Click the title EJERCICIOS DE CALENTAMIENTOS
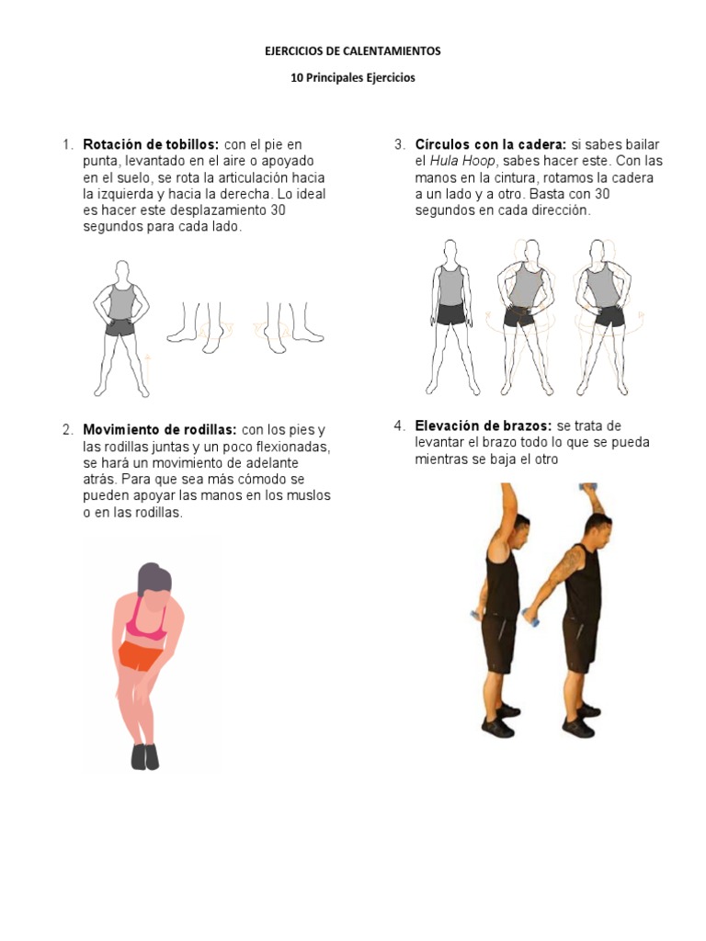pos(353,51)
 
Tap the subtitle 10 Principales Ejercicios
pos(353,78)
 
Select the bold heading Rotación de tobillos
pos(151,144)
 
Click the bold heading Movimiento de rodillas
pos(160,430)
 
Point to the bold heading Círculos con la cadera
pos(490,144)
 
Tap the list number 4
pos(399,425)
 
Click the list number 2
pos(67,430)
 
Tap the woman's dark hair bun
pos(154,580)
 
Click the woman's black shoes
pos(144,756)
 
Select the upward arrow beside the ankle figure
pos(147,365)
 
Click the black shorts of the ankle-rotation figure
pos(120,325)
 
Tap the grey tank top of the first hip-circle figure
pos(450,286)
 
